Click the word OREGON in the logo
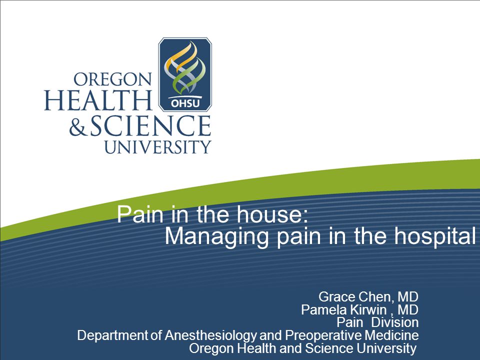coord(112,79)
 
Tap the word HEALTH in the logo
coord(98,100)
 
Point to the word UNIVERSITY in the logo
coord(157,147)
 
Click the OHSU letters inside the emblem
coord(185,103)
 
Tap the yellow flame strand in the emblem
coord(180,56)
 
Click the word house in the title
coord(271,214)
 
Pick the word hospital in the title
coord(434,237)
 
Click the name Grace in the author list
coord(336,296)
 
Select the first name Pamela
coord(324,310)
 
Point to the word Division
coord(394,322)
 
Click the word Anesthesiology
coord(210,335)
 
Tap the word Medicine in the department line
coord(391,335)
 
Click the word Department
coord(112,335)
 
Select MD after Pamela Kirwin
coord(408,310)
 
